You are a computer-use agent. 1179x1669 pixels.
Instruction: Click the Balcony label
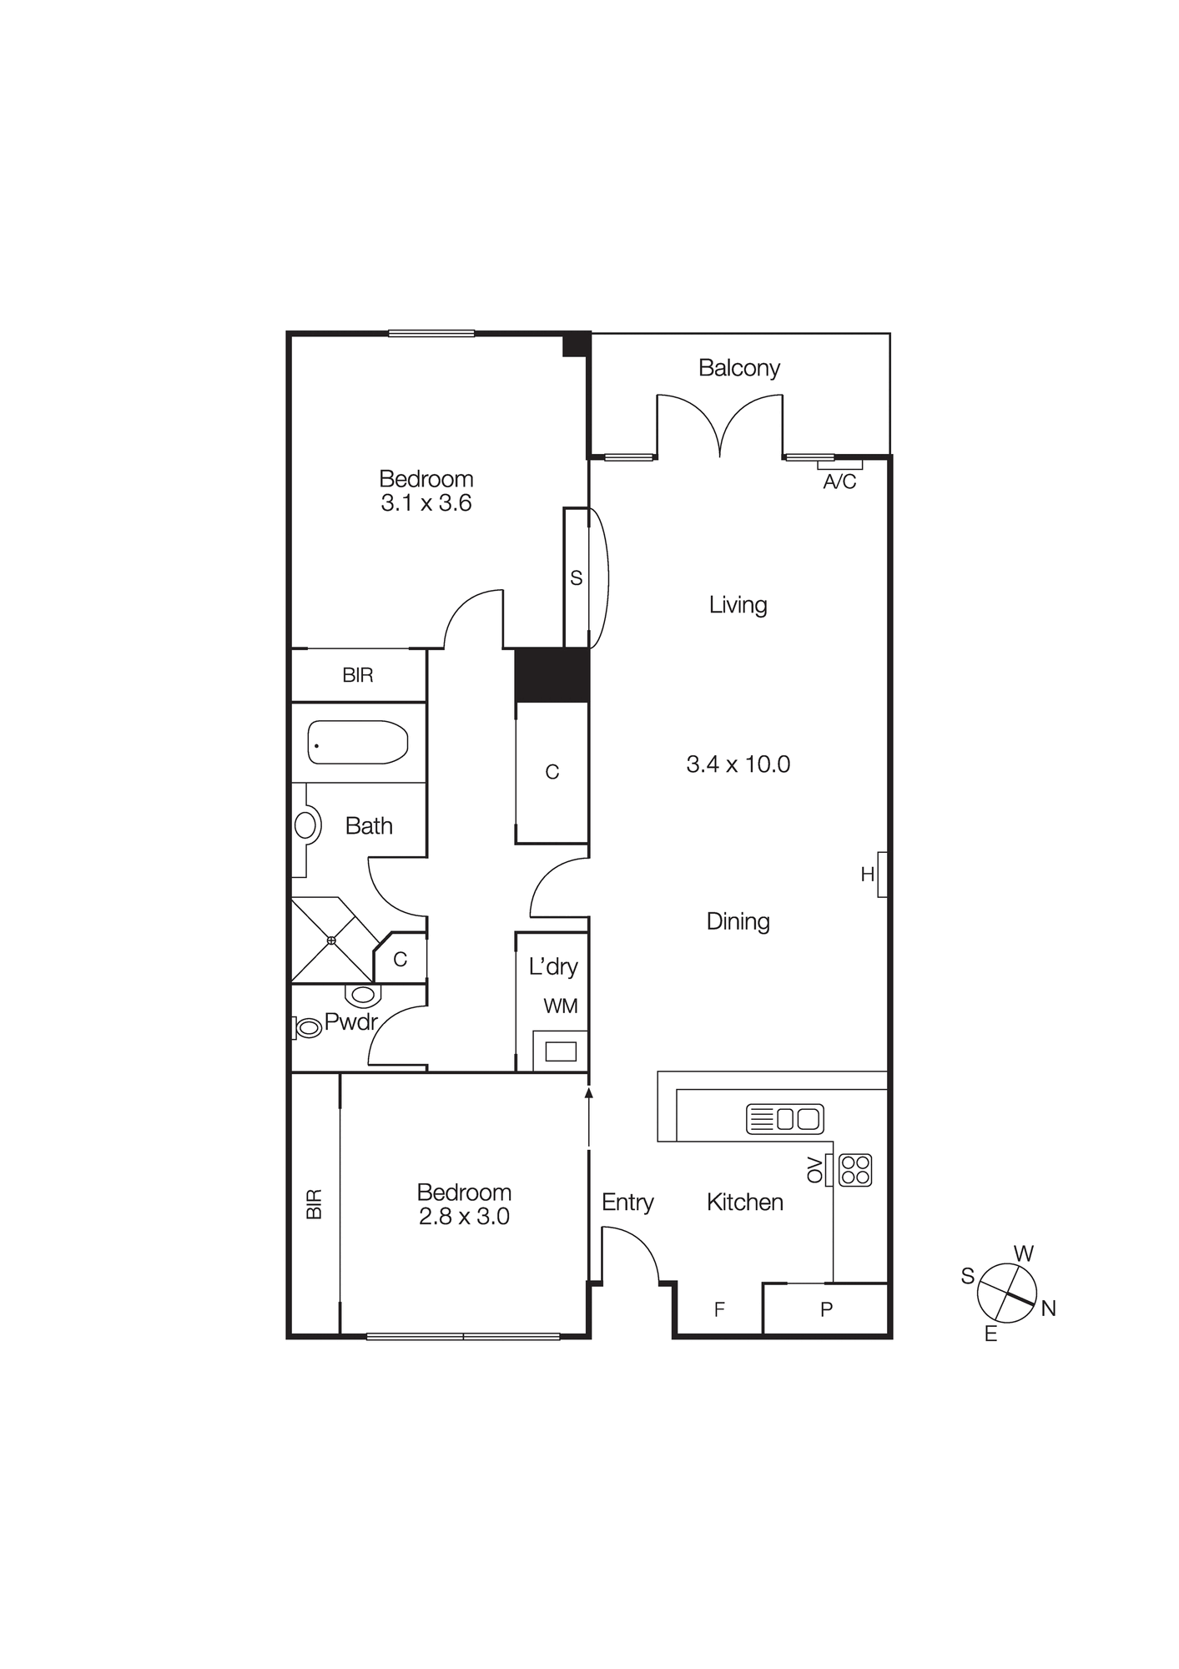738,368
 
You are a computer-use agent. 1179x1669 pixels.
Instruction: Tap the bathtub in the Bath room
357,742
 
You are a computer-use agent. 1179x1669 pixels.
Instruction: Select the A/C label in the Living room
839,482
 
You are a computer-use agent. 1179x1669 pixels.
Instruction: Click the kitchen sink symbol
784,1118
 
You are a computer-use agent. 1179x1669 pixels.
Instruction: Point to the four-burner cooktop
855,1169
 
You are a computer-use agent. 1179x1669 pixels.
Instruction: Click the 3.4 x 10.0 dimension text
738,764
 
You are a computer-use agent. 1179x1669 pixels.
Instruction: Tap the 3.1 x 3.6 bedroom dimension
426,503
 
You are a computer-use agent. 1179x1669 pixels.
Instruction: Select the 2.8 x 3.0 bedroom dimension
464,1217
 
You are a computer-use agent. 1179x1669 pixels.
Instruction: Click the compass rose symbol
1007,1293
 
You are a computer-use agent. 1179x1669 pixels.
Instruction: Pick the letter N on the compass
1049,1308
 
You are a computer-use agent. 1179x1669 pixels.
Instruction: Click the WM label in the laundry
560,1006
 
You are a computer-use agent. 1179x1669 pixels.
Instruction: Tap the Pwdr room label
350,1021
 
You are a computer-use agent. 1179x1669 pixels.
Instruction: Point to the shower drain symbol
331,940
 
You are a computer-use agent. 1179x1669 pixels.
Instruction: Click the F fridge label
719,1309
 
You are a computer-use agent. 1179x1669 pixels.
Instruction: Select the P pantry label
826,1309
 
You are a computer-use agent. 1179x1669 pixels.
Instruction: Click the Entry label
627,1203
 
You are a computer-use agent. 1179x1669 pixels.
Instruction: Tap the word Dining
738,921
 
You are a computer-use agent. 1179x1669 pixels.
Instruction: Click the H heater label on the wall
868,875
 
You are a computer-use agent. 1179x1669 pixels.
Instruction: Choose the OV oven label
814,1169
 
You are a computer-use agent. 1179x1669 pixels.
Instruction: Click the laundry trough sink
560,1051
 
